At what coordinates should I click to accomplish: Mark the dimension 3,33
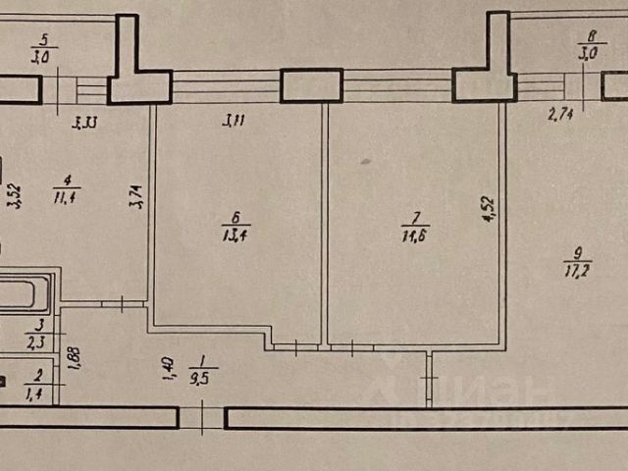pos(87,123)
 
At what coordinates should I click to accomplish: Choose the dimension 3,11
pos(234,122)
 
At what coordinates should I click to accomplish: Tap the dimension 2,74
pos(561,116)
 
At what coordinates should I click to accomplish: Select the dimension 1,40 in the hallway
pos(167,371)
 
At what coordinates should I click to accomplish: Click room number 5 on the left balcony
pos(41,40)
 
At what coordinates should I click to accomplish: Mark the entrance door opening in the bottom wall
pos(202,419)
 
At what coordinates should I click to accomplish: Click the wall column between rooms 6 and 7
pos(312,85)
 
